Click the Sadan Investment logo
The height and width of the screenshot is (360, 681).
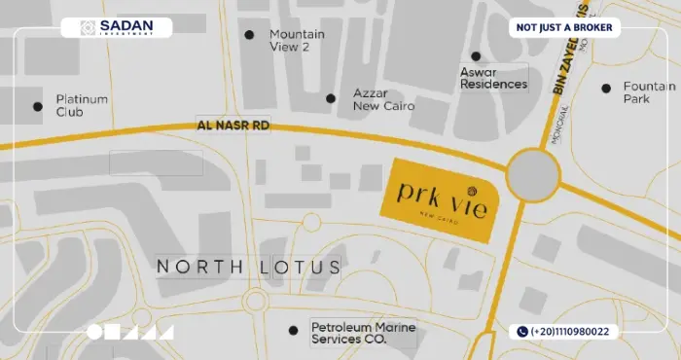pos(116,28)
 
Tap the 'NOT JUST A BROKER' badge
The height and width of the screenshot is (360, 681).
pos(565,27)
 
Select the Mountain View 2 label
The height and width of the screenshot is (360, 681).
pos(297,40)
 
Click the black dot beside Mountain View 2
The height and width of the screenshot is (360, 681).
pos(249,35)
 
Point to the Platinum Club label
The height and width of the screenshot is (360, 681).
pos(82,105)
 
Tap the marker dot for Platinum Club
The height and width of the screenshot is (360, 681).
pos(38,106)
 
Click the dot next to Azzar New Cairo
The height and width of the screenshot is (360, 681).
pos(331,98)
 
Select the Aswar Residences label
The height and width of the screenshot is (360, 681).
pos(493,78)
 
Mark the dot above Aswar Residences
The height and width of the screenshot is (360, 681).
pos(476,56)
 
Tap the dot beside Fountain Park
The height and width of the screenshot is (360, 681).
pos(605,88)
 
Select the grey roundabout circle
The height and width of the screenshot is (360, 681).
pos(533,175)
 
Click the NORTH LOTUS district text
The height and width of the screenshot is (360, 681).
pos(249,267)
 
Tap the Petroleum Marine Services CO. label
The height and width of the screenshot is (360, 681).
pos(363,333)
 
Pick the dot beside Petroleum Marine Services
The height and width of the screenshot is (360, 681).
pos(293,331)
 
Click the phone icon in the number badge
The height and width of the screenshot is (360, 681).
pos(522,332)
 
